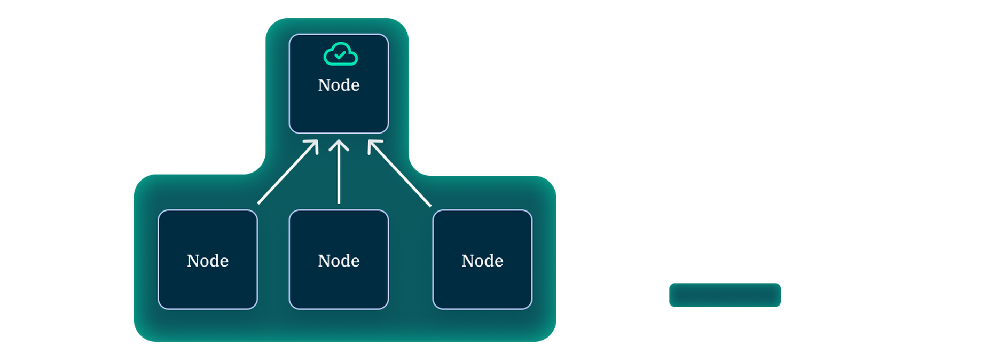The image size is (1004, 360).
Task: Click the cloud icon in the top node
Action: tap(340, 54)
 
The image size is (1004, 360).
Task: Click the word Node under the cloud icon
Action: tap(339, 85)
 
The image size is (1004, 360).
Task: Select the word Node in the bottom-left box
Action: tap(208, 261)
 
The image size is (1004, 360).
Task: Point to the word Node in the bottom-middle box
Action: tap(339, 261)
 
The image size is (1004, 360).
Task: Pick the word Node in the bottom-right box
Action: tap(482, 261)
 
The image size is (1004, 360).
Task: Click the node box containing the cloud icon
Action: tap(339, 112)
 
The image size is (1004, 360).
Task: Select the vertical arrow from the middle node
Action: tap(339, 176)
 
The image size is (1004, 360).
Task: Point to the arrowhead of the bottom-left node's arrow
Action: tap(314, 144)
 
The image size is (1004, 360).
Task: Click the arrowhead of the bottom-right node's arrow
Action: tap(372, 144)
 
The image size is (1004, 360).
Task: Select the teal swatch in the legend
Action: tap(725, 295)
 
